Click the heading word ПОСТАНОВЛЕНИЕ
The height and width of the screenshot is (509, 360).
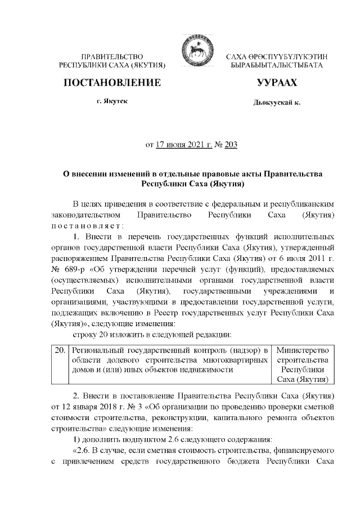112,83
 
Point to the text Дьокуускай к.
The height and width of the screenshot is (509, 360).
277,104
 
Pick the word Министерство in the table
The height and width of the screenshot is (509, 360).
303,350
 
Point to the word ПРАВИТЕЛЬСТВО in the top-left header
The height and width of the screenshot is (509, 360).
113,57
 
